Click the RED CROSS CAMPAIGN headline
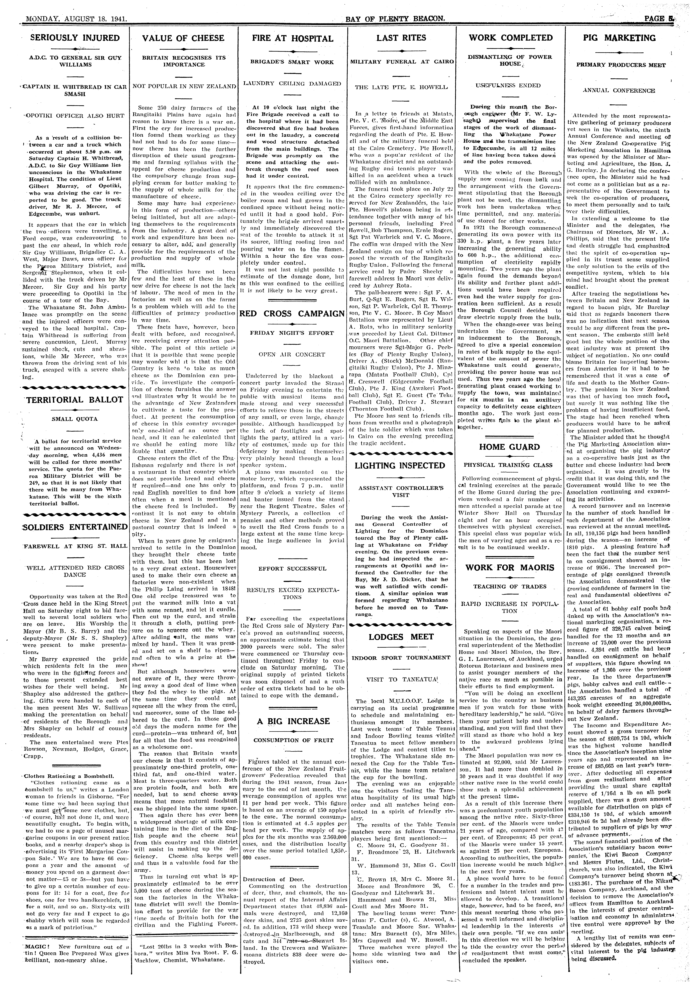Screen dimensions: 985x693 click(292, 314)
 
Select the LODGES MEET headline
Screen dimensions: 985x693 click(401, 637)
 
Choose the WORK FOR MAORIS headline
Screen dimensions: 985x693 click(510, 567)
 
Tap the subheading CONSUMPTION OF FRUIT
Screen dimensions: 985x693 click(292, 740)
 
